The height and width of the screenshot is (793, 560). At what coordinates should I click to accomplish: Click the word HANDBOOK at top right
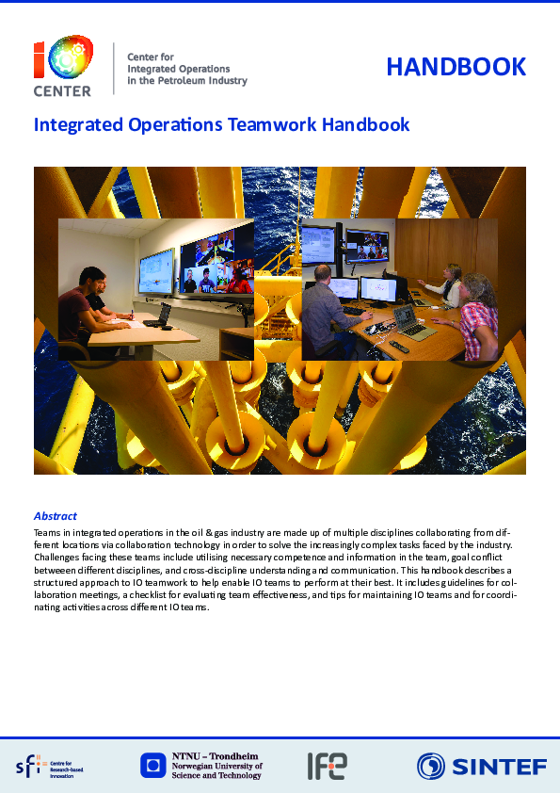[456, 67]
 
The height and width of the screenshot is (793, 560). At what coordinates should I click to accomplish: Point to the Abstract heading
[55, 516]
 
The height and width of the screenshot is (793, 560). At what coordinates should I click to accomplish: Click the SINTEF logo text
[499, 767]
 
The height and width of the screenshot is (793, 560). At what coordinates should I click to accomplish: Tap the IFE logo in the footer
[326, 766]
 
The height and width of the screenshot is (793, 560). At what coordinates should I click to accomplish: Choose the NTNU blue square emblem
[152, 766]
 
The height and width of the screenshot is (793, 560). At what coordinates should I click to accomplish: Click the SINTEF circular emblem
[431, 767]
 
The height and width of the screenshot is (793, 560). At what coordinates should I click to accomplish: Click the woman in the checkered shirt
[476, 316]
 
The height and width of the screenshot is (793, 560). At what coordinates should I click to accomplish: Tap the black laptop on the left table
[158, 316]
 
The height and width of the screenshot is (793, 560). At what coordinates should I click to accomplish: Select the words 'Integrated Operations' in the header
[166, 69]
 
